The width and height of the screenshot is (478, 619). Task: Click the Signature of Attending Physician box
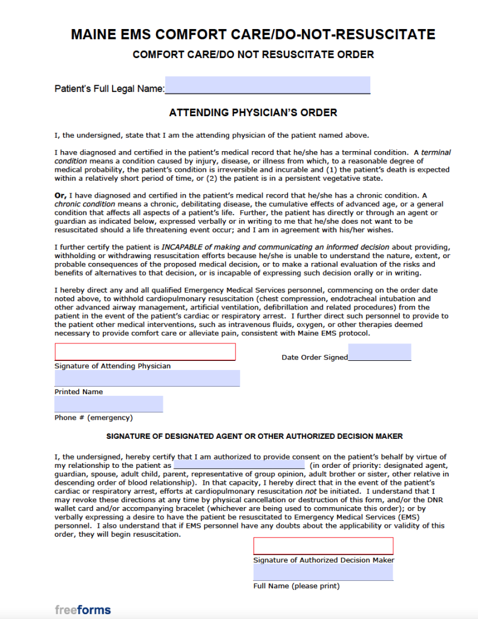click(x=145, y=352)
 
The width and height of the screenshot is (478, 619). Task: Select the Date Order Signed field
click(x=379, y=352)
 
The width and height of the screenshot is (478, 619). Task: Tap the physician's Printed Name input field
click(x=147, y=378)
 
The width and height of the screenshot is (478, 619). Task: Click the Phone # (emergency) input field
click(x=109, y=404)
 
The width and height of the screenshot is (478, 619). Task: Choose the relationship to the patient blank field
click(x=239, y=465)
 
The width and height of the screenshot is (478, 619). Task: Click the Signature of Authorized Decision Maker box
click(x=323, y=546)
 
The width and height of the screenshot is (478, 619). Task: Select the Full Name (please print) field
click(x=323, y=572)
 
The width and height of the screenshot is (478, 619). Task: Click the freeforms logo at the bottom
click(x=83, y=609)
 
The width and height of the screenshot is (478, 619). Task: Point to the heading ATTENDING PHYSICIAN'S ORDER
click(x=253, y=112)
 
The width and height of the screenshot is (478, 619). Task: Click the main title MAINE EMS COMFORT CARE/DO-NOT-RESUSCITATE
click(x=253, y=34)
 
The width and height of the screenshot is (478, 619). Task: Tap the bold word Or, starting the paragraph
click(x=61, y=195)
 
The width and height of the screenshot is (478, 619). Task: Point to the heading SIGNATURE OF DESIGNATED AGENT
click(x=255, y=436)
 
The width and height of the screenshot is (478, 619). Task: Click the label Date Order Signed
click(x=315, y=357)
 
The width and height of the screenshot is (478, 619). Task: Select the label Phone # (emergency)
click(x=94, y=418)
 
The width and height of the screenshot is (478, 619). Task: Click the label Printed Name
click(x=79, y=392)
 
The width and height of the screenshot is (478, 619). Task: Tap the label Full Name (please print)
click(x=296, y=586)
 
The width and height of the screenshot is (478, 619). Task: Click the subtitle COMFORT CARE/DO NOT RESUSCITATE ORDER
click(x=253, y=54)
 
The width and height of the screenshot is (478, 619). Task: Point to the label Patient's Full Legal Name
click(x=110, y=89)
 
